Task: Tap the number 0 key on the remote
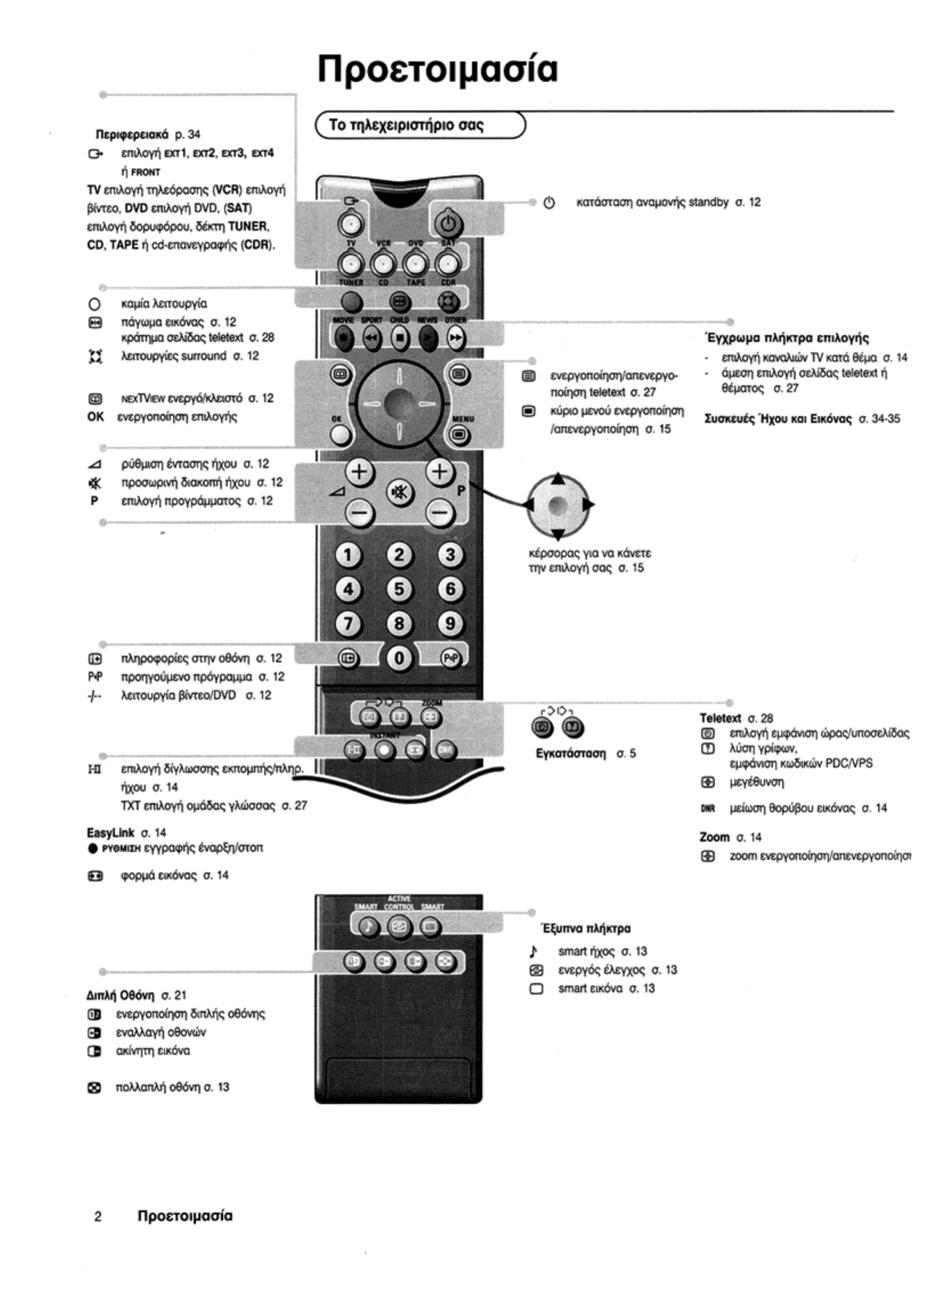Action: tap(399, 659)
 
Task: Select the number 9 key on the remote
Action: tap(450, 624)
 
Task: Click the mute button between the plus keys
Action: tap(399, 492)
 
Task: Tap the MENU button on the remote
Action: tap(459, 436)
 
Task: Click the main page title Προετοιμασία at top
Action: tap(437, 70)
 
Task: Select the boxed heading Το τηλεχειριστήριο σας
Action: tap(406, 125)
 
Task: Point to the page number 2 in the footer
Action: tap(98, 1216)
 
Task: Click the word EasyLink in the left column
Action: tap(111, 832)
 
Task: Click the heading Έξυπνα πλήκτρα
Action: tap(586, 928)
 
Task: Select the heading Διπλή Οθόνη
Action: tap(120, 995)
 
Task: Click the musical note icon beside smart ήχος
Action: tap(534, 951)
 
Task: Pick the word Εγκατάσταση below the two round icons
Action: tap(571, 753)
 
